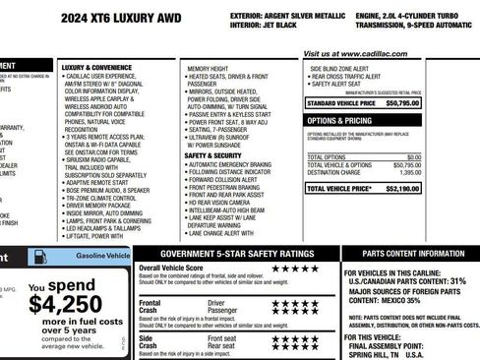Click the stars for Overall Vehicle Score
(295, 268)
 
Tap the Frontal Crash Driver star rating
(295, 303)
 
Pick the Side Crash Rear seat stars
(295, 346)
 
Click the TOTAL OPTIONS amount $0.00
(441, 156)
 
